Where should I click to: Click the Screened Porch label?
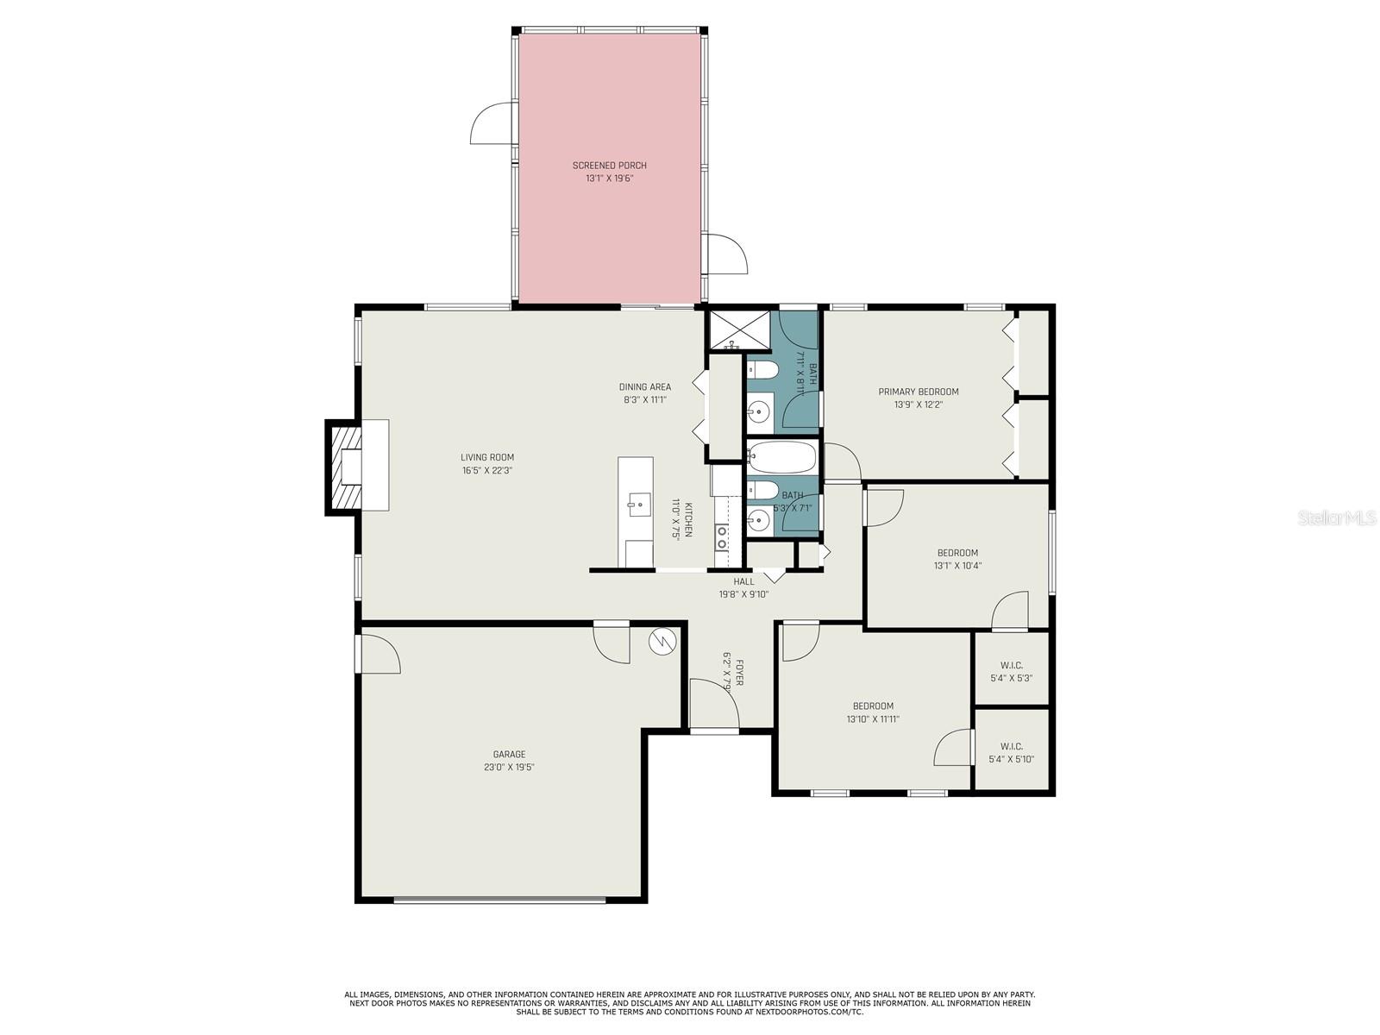(609, 166)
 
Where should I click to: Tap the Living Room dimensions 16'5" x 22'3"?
(487, 471)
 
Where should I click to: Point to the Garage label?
(509, 754)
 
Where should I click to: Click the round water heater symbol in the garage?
(662, 642)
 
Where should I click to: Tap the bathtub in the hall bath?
(781, 457)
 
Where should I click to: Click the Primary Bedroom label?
(918, 392)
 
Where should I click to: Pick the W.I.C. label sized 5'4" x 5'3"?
(1011, 672)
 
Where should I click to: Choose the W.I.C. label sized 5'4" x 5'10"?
(1011, 753)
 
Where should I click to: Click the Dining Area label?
(644, 387)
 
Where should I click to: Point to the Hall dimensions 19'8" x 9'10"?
(743, 594)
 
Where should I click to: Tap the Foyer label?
(739, 673)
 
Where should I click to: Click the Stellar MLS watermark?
(1337, 517)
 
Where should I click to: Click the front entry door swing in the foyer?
(714, 704)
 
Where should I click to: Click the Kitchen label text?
(688, 520)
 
